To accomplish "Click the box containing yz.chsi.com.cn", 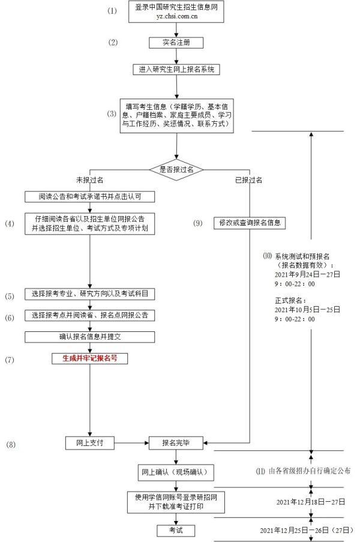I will tap(175, 12).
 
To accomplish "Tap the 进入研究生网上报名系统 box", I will tap(176, 69).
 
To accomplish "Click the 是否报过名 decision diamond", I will tap(176, 169).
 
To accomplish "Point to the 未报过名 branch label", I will tap(89, 180).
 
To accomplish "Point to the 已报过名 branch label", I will tap(248, 180).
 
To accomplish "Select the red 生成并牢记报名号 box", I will tap(90, 358).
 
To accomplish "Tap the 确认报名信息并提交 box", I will tap(90, 336).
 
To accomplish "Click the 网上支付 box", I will tap(89, 442).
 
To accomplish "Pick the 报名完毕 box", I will tap(176, 442).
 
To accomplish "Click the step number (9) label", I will tap(198, 223).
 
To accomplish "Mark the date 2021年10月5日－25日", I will tap(307, 309).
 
